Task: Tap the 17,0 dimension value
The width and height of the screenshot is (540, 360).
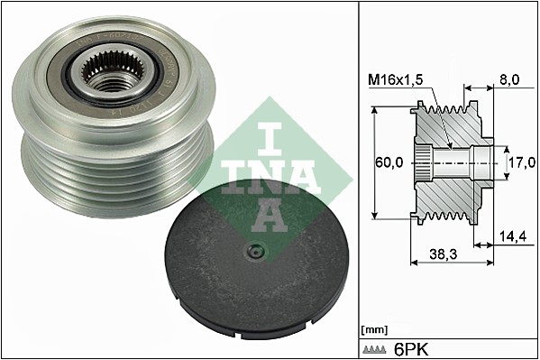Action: [x=520, y=164]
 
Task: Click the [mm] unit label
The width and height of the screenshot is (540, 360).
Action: [x=371, y=328]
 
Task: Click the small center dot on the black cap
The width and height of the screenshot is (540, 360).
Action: [x=255, y=252]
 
